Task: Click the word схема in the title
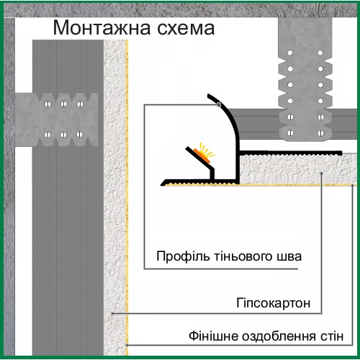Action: coord(186,28)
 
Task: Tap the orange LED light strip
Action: coord(202,156)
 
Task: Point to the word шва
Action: coord(289,257)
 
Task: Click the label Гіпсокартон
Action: coord(274,303)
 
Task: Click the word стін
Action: coord(332,336)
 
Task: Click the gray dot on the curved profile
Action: coord(219,104)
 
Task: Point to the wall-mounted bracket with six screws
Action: coord(57,120)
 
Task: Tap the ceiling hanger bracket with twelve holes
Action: coord(305,79)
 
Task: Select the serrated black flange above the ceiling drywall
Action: coord(291,153)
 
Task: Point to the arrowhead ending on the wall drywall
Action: coord(112,313)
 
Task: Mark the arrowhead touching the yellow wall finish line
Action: coord(127,345)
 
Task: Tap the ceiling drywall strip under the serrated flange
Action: coord(298,169)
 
